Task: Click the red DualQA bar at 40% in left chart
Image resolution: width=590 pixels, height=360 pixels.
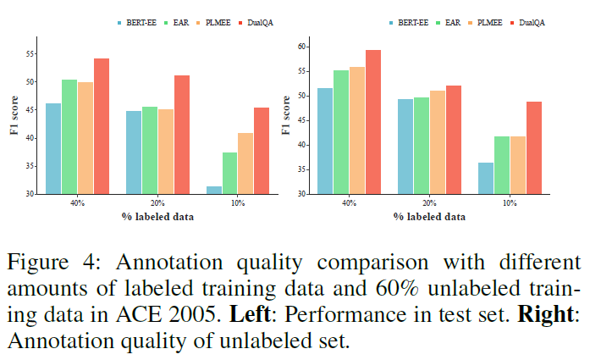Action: point(102,127)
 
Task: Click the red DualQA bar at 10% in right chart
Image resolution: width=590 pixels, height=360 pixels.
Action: point(533,148)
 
